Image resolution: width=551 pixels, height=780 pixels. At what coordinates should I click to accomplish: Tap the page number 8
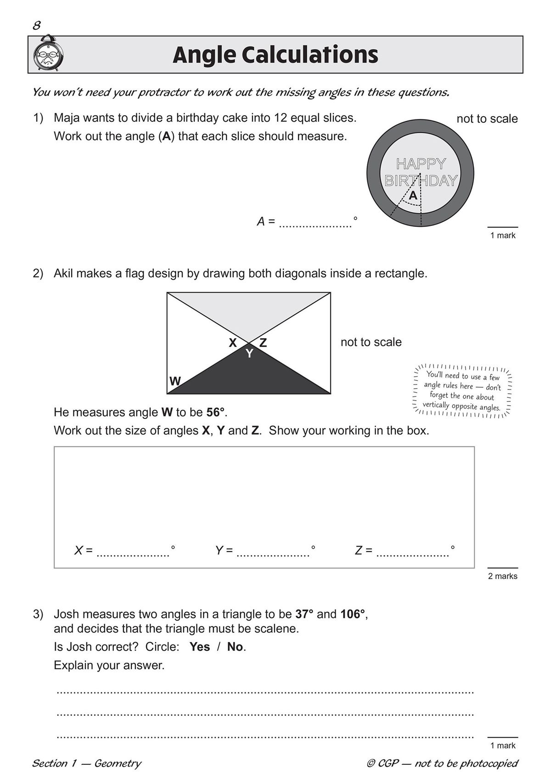click(36, 25)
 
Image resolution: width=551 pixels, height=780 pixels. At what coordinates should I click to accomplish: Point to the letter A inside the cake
click(413, 196)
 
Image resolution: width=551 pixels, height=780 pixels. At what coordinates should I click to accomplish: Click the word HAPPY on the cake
click(421, 164)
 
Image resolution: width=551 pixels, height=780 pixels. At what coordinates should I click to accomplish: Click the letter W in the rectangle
click(175, 381)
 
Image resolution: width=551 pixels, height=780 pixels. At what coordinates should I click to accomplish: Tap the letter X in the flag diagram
click(233, 343)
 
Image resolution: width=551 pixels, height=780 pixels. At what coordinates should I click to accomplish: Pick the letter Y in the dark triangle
click(249, 354)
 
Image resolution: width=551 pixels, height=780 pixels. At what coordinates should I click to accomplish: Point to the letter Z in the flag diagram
click(263, 343)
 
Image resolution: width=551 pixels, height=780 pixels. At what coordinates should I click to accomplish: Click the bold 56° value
click(216, 412)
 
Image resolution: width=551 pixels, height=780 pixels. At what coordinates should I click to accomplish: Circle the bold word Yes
click(199, 647)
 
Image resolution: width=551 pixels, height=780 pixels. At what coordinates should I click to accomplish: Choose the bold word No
click(235, 647)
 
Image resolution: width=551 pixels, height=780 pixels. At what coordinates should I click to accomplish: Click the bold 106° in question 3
click(353, 614)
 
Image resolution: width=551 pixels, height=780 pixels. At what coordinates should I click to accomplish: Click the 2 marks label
click(502, 576)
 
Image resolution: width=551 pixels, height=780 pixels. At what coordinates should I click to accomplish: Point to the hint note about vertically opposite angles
click(462, 391)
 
